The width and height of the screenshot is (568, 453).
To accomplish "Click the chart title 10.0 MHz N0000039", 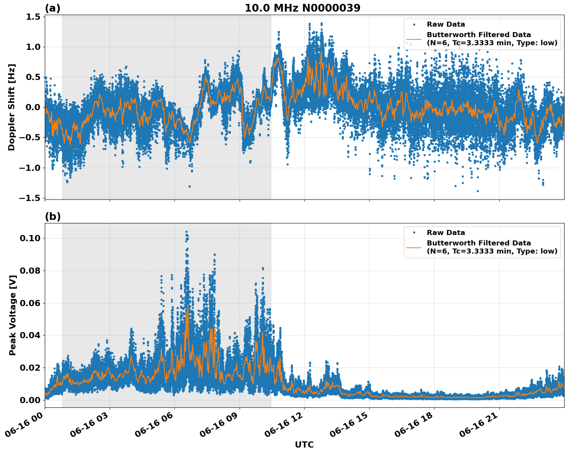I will [303, 8].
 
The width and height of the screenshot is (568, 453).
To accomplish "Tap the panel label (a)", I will [52, 8].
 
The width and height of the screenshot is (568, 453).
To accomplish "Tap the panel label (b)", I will [52, 216].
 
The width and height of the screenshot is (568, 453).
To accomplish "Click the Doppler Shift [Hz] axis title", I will [12, 107].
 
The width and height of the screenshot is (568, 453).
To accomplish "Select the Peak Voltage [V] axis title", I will [13, 315].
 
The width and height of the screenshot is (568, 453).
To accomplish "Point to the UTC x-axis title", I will [304, 444].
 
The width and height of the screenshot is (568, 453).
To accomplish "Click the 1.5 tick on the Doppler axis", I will [33, 17].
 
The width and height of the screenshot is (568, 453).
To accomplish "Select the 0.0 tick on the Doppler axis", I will [33, 107].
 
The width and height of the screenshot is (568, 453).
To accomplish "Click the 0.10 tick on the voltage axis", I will [30, 238].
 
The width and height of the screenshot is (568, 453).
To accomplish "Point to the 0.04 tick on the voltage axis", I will [30, 335].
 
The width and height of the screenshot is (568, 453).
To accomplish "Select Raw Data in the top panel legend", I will [446, 24].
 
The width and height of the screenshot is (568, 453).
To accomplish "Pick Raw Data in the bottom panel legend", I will [446, 233].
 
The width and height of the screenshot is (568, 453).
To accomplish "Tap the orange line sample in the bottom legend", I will [414, 247].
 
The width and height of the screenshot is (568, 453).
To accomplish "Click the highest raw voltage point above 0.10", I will [186, 232].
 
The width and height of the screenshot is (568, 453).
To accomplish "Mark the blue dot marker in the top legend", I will [414, 24].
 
